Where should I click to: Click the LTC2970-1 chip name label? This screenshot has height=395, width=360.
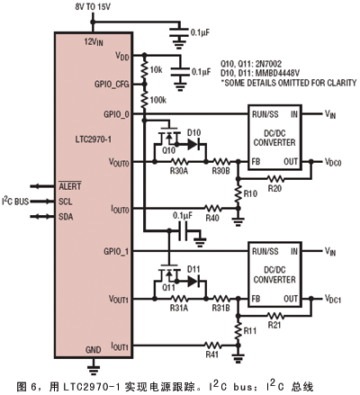point(93,139)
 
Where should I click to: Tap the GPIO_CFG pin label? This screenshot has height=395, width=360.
point(112,85)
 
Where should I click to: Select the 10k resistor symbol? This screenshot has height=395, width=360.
point(145,70)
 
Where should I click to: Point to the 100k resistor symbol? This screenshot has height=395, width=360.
point(145,100)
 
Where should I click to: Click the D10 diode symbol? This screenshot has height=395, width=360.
point(193,145)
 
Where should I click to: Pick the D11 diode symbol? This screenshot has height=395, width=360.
point(193,282)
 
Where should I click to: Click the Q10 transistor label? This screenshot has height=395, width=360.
point(168,151)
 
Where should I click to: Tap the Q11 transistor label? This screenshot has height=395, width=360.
point(168,288)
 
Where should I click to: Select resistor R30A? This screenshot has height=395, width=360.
point(179,162)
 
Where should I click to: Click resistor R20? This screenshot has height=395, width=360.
point(275,179)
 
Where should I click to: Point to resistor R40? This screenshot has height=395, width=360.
point(213,208)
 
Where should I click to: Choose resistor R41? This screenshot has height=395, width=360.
point(213,346)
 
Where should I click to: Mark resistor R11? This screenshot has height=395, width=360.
point(238,331)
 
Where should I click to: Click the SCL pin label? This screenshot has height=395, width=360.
point(66,202)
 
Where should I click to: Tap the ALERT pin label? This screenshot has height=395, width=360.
point(70,186)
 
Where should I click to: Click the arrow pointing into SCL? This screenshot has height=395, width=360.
point(42,202)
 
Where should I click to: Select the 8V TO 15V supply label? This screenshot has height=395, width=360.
point(93,7)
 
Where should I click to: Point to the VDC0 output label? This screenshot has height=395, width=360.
point(333,162)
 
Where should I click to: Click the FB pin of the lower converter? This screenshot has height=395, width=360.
point(256,299)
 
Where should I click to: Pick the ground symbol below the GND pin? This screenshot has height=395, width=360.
point(94,370)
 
